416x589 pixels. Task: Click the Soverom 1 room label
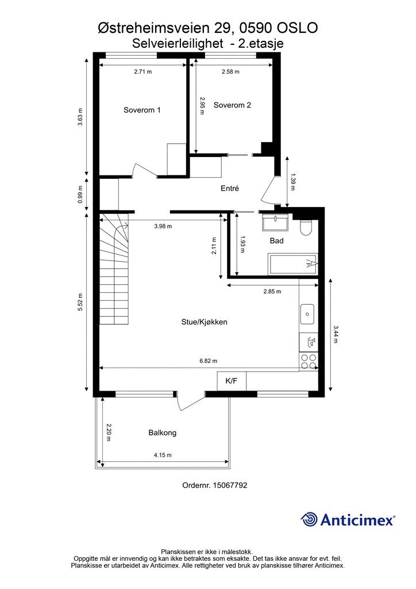tap(142, 110)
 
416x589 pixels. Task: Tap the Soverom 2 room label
tap(232, 105)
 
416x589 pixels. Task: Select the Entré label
tap(229, 189)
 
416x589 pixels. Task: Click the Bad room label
tap(276, 241)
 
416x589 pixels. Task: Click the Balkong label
tap(162, 433)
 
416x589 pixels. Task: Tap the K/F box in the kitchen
tap(231, 381)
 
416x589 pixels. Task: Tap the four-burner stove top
tap(309, 361)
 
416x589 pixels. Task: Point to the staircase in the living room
tap(117, 267)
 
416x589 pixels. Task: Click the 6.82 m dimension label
tap(209, 361)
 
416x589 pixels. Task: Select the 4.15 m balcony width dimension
tap(163, 455)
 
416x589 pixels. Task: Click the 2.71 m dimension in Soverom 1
tap(142, 72)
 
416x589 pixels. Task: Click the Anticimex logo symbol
tap(310, 519)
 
